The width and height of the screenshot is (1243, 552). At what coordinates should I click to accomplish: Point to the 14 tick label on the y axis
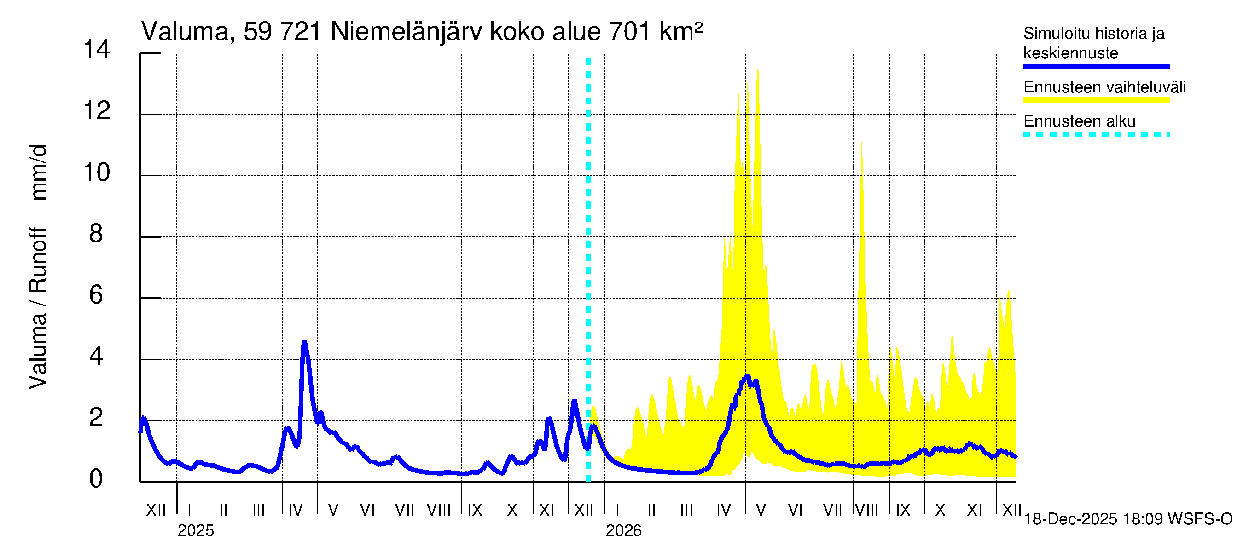pyautogui.click(x=97, y=50)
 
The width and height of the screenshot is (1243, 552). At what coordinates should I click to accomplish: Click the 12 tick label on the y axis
pyautogui.click(x=97, y=111)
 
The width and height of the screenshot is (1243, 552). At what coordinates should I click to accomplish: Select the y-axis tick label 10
pyautogui.click(x=97, y=172)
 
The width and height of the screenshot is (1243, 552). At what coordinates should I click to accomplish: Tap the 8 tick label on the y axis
pyautogui.click(x=96, y=234)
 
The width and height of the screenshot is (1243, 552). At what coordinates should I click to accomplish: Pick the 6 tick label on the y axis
pyautogui.click(x=96, y=295)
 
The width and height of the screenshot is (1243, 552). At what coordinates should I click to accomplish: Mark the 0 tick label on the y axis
pyautogui.click(x=96, y=479)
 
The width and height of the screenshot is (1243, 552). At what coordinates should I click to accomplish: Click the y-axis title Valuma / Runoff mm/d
pyautogui.click(x=38, y=267)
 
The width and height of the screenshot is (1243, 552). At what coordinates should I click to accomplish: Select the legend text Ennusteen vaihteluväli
pyautogui.click(x=1104, y=87)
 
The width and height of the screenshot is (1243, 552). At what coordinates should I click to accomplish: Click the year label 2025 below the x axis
pyautogui.click(x=195, y=531)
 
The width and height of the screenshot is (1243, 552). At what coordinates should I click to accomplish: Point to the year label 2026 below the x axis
pyautogui.click(x=623, y=531)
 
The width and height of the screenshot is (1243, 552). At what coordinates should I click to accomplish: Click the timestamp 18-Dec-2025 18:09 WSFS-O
pyautogui.click(x=1127, y=519)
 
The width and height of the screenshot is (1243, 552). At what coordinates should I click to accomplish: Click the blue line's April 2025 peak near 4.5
pyautogui.click(x=304, y=343)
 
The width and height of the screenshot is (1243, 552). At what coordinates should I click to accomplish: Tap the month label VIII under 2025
pyautogui.click(x=439, y=510)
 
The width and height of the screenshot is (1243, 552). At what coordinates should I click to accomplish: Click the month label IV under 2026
pyautogui.click(x=723, y=510)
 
